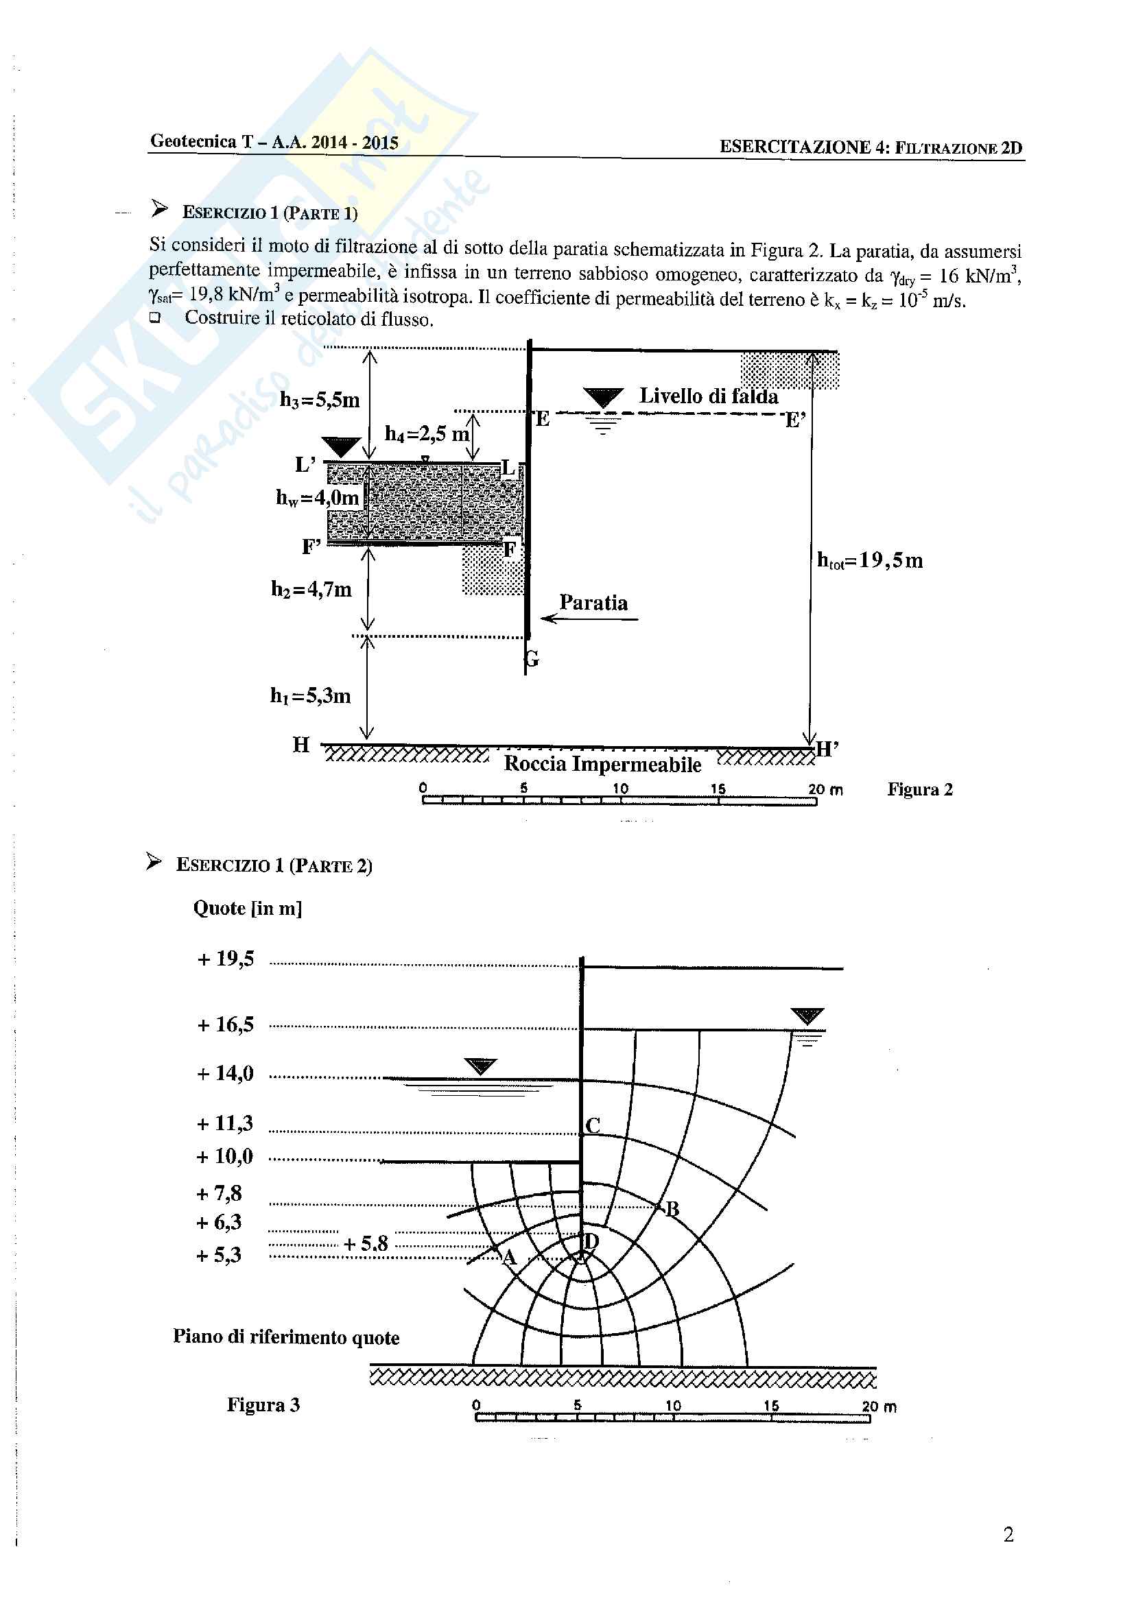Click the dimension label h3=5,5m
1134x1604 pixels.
[x=319, y=400]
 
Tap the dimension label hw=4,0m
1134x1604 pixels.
[x=317, y=497]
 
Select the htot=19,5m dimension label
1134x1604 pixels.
[x=870, y=560]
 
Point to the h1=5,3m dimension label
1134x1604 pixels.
[x=310, y=696]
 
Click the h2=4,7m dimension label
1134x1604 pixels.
[x=311, y=590]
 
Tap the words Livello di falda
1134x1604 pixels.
[x=709, y=396]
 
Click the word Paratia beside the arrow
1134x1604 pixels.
[x=593, y=603]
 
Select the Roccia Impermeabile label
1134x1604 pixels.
[x=602, y=764]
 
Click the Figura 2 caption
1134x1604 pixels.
[x=919, y=789]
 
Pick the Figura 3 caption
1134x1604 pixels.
[x=263, y=1405]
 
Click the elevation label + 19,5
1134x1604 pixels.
[x=226, y=959]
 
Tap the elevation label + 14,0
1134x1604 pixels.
[x=225, y=1073]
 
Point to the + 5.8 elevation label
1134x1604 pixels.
[x=366, y=1243]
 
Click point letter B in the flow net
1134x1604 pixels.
[x=672, y=1209]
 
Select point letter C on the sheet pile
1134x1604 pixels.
[x=593, y=1125]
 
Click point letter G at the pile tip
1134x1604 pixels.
[x=532, y=659]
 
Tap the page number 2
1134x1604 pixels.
[x=1008, y=1535]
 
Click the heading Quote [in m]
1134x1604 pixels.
[x=248, y=908]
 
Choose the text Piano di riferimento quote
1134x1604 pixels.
[x=286, y=1337]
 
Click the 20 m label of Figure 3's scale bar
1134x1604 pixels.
[x=879, y=1407]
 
